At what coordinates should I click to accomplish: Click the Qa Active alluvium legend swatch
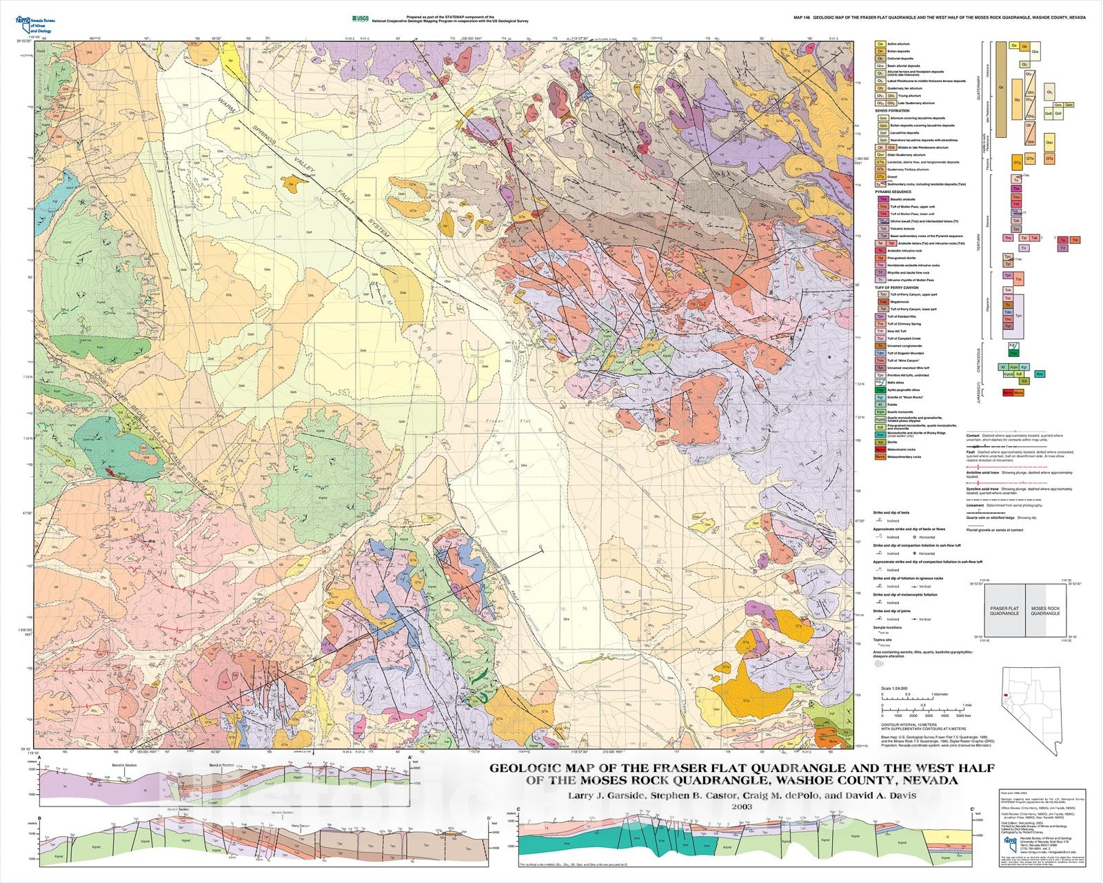pos(880,44)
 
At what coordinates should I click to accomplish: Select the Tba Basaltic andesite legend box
pos(880,199)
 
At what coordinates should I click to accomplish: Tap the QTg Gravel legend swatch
pos(880,176)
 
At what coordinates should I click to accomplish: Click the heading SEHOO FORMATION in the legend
pos(892,110)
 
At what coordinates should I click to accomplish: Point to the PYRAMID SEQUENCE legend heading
pos(893,191)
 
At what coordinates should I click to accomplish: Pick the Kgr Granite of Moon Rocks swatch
pos(880,397)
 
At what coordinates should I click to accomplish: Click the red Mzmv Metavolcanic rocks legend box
pos(880,449)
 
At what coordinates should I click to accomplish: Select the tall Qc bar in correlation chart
pos(1000,90)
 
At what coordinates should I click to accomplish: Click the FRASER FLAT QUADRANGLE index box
pos(1004,611)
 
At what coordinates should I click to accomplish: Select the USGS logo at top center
pos(358,18)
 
